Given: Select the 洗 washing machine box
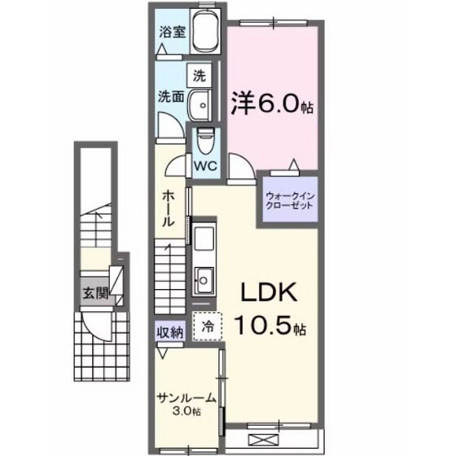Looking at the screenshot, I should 199,75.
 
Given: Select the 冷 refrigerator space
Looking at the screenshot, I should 206,326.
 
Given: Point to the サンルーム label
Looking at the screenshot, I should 186,397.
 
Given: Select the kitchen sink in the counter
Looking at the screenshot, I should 203,280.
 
